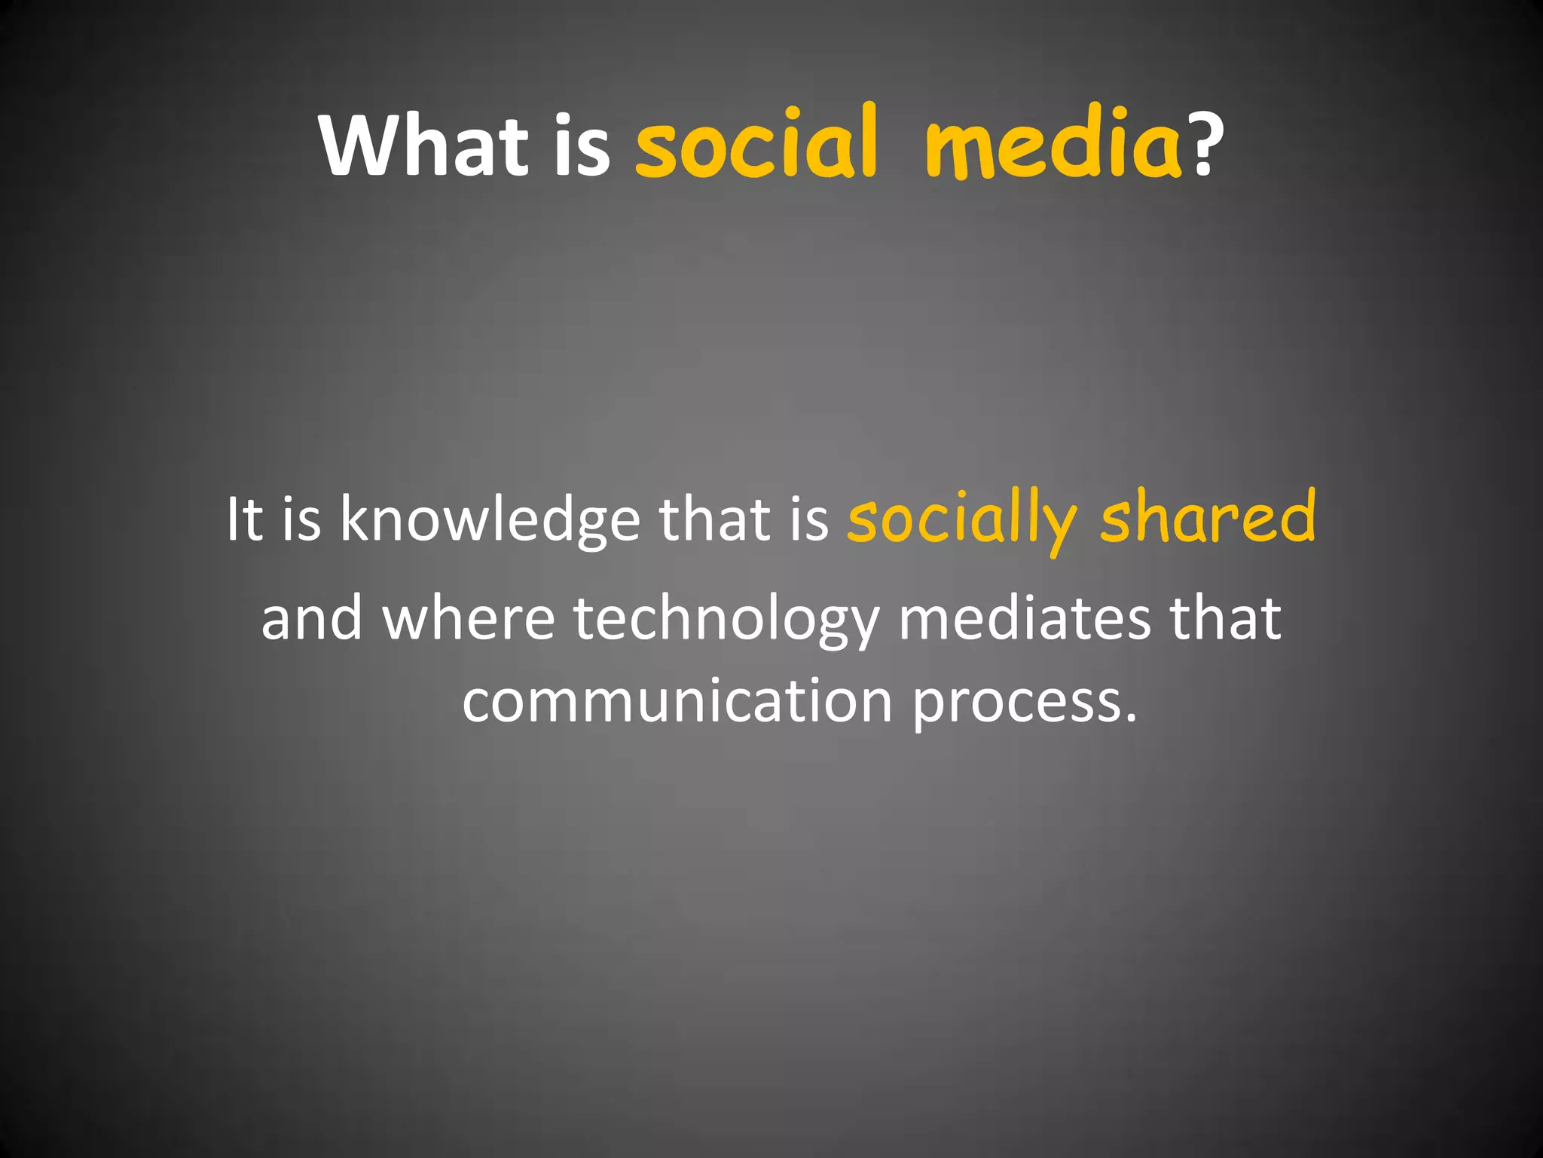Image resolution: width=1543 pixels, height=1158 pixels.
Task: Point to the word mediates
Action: [1025, 618]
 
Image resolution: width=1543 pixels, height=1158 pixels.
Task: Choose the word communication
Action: [677, 701]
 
